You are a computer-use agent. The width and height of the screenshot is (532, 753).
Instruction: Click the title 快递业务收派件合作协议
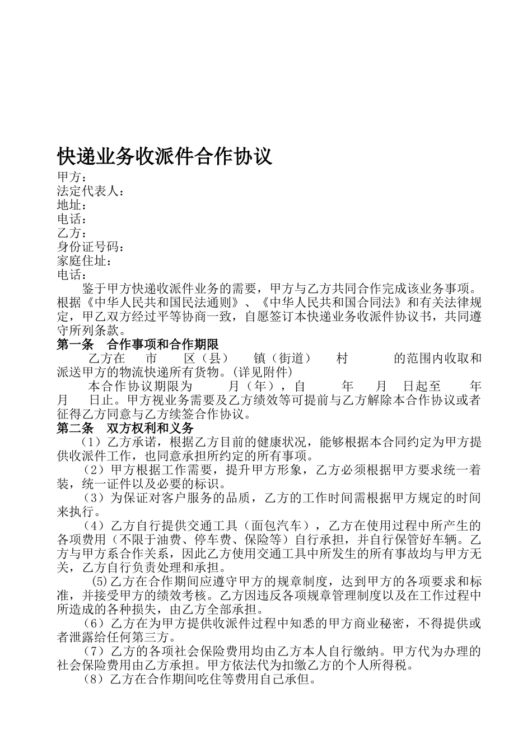pyautogui.click(x=165, y=156)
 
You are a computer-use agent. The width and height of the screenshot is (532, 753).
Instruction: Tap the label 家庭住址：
pyautogui.click(x=85, y=261)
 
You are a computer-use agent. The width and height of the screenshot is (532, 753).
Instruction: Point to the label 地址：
pyautogui.click(x=72, y=205)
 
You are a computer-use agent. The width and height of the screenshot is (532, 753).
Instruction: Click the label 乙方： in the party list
pyautogui.click(x=72, y=233)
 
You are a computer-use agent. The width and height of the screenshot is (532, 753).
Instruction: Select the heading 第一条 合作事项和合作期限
pyautogui.click(x=138, y=344)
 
